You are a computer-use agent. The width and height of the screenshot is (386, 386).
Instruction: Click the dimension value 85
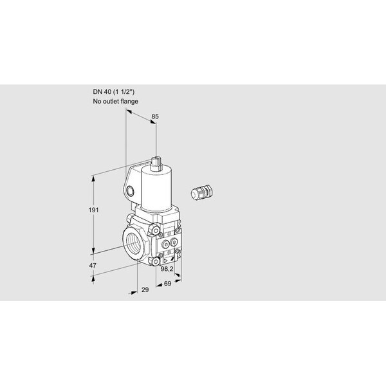[x=154, y=116]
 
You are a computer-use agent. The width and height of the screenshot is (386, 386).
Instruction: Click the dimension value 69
[x=167, y=283]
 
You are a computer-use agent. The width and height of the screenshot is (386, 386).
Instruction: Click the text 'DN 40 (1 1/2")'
[x=114, y=91]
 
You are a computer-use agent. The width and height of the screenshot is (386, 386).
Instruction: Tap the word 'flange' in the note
[x=129, y=102]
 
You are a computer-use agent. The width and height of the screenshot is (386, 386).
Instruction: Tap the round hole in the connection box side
[x=132, y=191]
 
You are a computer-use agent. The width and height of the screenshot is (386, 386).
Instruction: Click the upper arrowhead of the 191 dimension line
[x=96, y=176]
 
